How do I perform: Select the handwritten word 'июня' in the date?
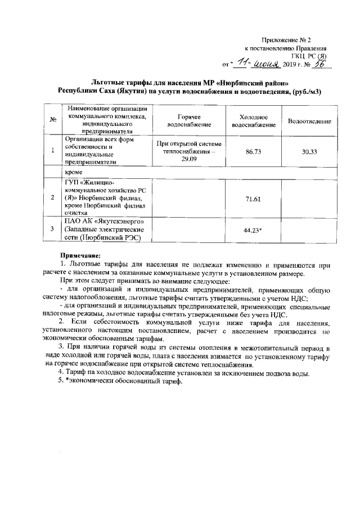(x=267, y=64)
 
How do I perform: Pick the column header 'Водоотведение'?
(x=309, y=120)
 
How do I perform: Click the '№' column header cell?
(x=52, y=120)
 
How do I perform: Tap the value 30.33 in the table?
(x=309, y=151)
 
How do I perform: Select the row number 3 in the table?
(x=52, y=229)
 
